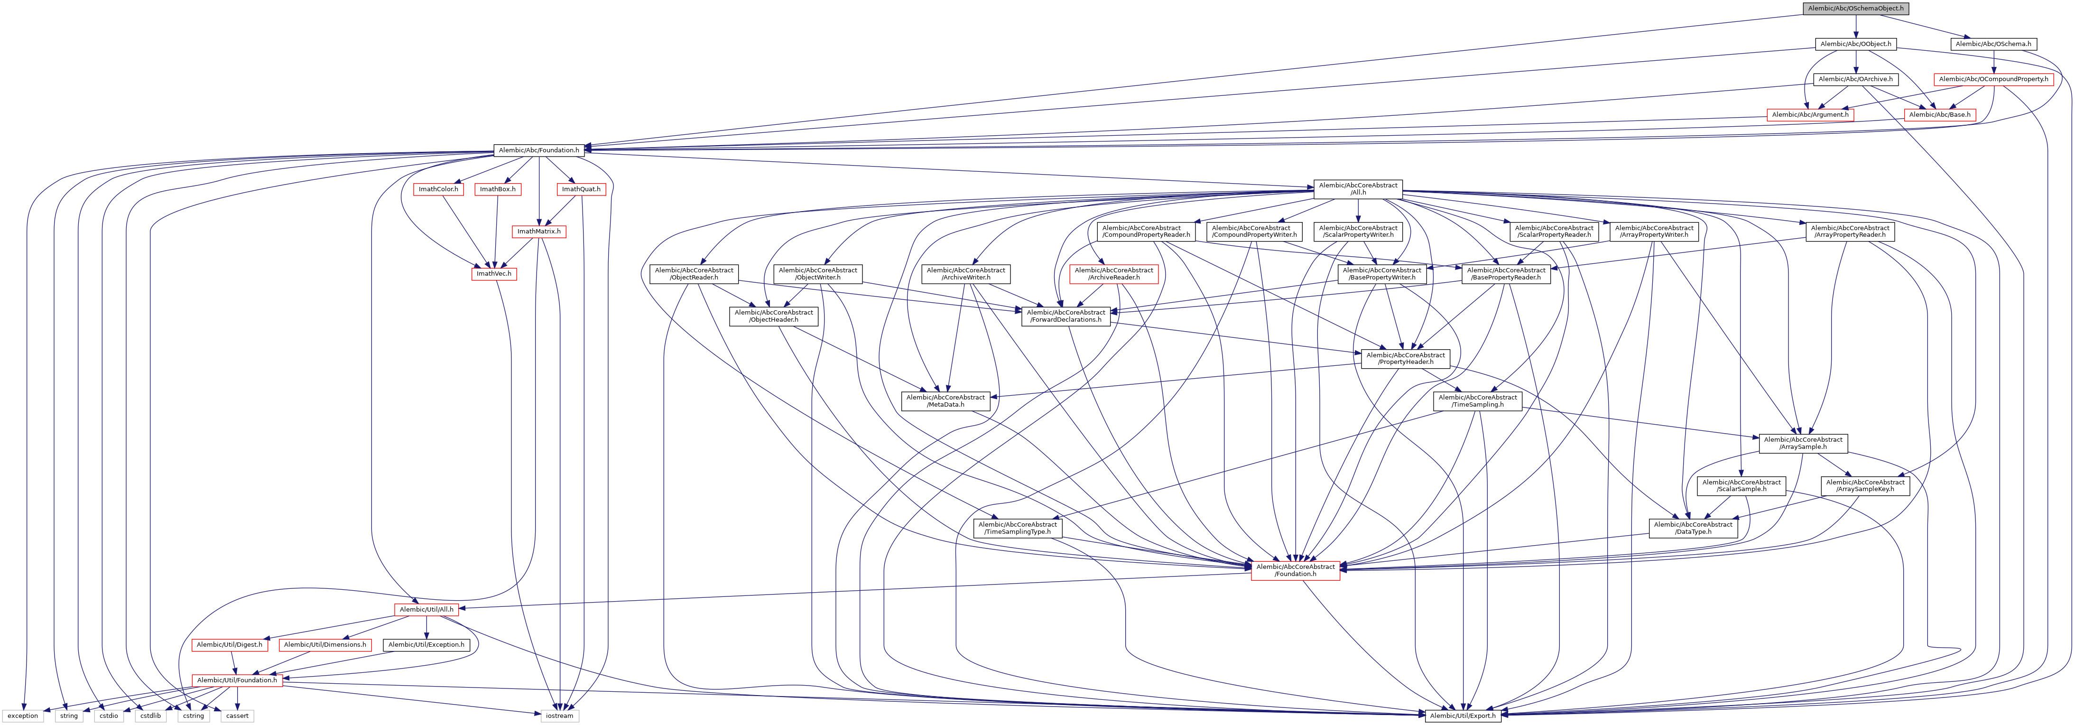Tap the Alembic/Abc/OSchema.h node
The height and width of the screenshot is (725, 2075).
(1993, 44)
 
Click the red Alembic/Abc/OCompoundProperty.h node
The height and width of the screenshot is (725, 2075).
(1993, 79)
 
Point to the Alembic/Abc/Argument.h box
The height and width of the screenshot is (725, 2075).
(1810, 114)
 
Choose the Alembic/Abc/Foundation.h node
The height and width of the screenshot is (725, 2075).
(538, 150)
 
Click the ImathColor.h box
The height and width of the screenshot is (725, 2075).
(438, 189)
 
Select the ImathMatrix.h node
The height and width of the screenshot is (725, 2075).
(538, 231)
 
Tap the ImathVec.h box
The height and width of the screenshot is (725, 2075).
(493, 274)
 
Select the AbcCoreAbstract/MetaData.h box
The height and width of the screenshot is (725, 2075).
(945, 400)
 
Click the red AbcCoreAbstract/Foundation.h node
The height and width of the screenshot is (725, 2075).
(1295, 570)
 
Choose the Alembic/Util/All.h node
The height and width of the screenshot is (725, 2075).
(426, 609)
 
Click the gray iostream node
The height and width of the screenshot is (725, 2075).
(559, 716)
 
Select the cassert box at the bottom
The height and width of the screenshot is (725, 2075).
(237, 716)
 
